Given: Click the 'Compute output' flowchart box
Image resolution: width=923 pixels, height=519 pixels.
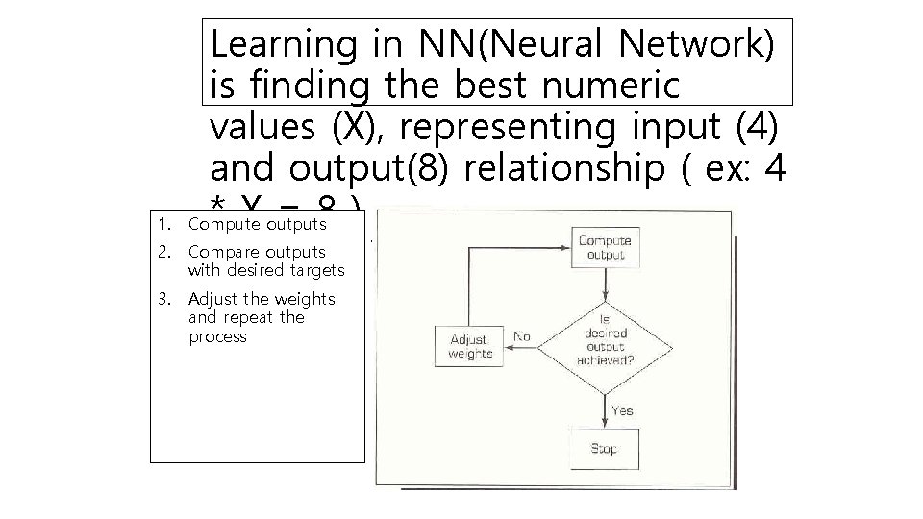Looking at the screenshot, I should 605,247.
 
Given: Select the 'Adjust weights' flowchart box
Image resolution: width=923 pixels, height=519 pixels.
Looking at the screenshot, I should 470,346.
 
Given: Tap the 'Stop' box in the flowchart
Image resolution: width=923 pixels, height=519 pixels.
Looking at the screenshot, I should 605,449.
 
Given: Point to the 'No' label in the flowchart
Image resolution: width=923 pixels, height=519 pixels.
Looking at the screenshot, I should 522,336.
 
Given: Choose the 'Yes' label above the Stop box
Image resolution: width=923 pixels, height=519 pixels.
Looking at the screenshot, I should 622,410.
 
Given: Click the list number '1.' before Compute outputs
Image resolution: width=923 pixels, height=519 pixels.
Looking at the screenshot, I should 165,225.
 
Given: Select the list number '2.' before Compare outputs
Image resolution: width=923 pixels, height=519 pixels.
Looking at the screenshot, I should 165,252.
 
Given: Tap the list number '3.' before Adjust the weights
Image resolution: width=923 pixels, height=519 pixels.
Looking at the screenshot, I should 165,298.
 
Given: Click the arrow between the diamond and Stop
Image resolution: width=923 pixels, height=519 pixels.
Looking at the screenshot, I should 605,408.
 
